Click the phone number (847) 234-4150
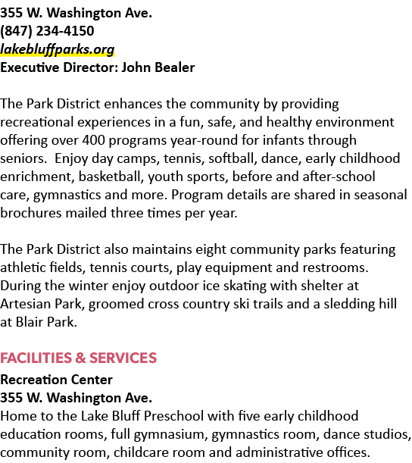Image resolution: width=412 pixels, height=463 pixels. pos(47,31)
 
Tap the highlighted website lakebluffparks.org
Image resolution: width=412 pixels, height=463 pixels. pos(58,49)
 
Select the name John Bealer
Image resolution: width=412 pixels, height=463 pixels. pos(158,67)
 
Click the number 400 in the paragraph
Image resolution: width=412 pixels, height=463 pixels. pos(94,140)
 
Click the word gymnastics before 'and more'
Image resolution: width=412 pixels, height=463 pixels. pos(67,196)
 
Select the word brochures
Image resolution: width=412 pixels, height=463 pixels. pos(31,213)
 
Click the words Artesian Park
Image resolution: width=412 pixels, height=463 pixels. pos(42,304)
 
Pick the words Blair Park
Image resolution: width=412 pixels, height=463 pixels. pos(46,322)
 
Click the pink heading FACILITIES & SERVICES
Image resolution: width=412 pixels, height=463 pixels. pos(78,358)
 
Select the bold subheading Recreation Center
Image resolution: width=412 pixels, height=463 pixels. pos(56,380)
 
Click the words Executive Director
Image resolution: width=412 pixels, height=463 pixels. pos(59,67)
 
